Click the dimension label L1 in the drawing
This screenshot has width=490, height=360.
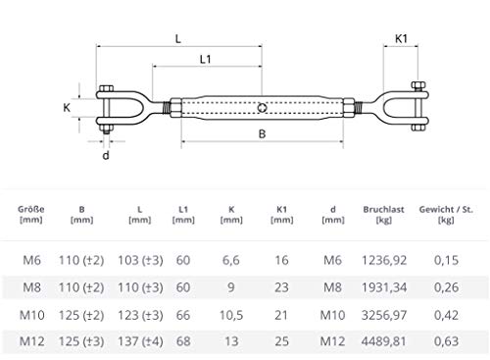tap(206, 59)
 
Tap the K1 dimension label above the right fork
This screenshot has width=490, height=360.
tap(401, 39)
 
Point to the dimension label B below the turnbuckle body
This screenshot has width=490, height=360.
tap(262, 134)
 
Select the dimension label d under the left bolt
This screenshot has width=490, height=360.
tap(106, 155)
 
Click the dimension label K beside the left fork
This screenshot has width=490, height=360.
tap(67, 107)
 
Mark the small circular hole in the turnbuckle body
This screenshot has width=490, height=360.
tap(262, 108)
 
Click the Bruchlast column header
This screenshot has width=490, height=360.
tap(383, 215)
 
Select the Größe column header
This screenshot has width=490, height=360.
tap(31, 215)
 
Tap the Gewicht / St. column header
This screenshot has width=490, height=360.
tap(446, 215)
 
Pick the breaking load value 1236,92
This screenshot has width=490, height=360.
tap(384, 260)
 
